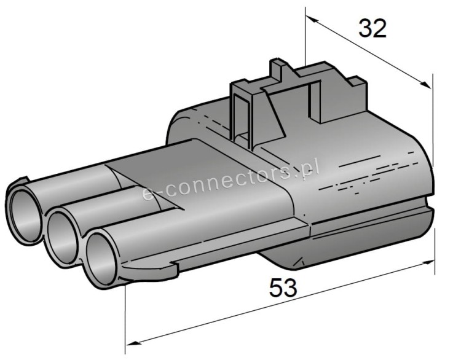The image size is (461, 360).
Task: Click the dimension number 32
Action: [372, 28]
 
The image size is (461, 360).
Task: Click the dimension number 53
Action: [283, 288]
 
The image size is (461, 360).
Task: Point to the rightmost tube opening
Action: [101, 259]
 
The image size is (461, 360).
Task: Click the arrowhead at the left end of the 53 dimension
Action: [132, 343]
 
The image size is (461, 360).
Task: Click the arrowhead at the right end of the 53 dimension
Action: [427, 262]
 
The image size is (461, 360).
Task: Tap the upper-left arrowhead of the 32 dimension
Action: [312, 19]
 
